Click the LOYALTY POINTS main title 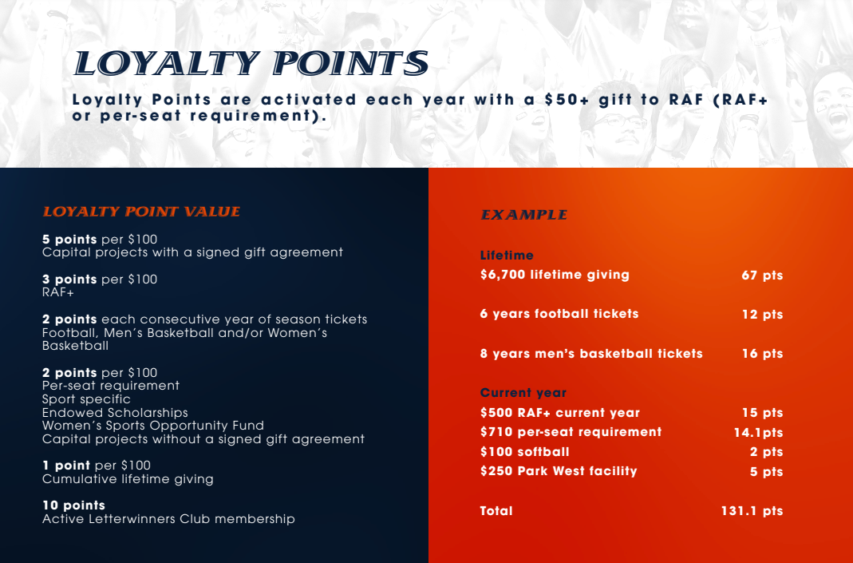[251, 63]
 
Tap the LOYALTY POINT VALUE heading [141, 212]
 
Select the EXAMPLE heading [523, 215]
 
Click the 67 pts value [762, 275]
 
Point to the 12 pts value [762, 314]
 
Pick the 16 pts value [762, 353]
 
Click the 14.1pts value [758, 432]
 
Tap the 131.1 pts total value [752, 511]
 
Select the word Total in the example [496, 511]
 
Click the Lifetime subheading [507, 256]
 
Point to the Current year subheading [523, 393]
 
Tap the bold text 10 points [74, 506]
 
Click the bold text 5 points [69, 240]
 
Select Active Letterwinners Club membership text [168, 519]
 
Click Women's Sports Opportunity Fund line [153, 425]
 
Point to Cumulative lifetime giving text [128, 479]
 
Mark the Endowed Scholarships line [116, 413]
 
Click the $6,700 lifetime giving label [555, 275]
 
